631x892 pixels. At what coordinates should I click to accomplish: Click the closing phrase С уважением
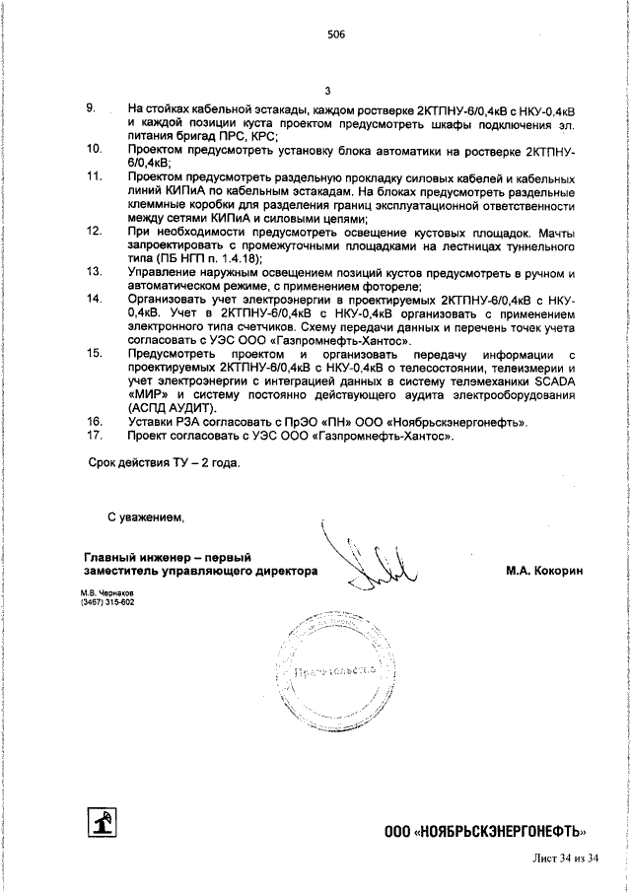point(146,515)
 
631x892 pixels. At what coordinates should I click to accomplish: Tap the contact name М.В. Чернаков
point(107,593)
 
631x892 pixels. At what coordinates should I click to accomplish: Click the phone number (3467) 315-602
point(107,602)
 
